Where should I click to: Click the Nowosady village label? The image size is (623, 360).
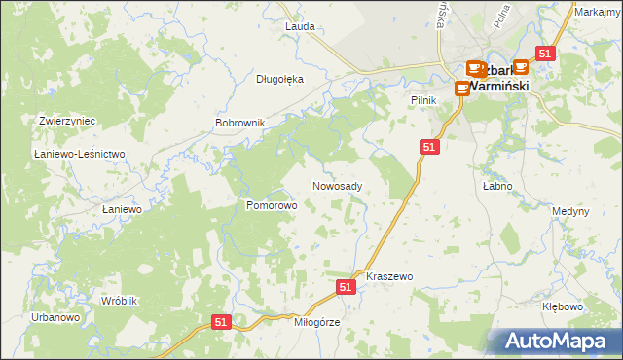coord(338,186)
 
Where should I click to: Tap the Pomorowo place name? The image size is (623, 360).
coord(271,206)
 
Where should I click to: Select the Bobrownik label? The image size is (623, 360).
coord(240,124)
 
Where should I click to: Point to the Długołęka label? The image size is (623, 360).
coord(280,80)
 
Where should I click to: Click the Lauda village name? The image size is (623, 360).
coord(300,26)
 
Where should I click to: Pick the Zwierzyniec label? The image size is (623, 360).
coord(66,121)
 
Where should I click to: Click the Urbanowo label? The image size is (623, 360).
coord(55,318)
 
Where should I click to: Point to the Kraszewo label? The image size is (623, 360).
coord(389,277)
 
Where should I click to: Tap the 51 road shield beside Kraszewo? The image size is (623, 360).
coord(346,287)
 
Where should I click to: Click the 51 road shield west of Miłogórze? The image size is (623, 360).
coord(221,322)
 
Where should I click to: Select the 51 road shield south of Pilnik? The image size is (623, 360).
coord(431,146)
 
